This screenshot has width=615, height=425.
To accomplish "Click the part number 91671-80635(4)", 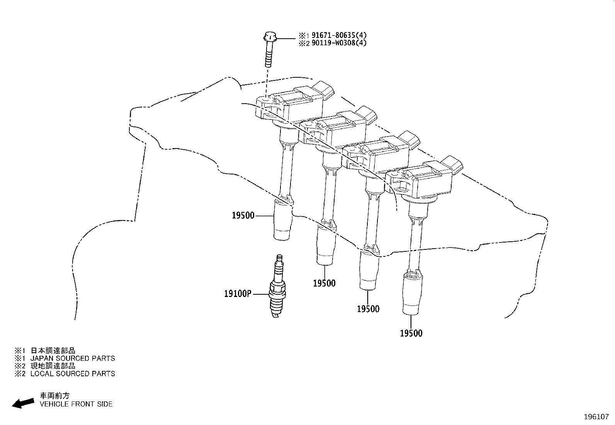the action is pyautogui.click(x=339, y=35).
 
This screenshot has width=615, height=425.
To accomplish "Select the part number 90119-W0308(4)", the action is pyautogui.click(x=339, y=43).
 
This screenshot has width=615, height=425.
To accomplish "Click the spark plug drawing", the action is pyautogui.click(x=278, y=286).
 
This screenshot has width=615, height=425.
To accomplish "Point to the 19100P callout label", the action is pyautogui.click(x=238, y=294).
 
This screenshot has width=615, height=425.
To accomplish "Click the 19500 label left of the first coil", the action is pyautogui.click(x=243, y=215).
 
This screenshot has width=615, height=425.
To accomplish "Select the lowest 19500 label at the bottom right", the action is pyautogui.click(x=411, y=333).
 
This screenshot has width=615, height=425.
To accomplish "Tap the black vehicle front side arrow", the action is pyautogui.click(x=23, y=403).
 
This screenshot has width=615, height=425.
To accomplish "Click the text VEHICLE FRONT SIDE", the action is pyautogui.click(x=76, y=404).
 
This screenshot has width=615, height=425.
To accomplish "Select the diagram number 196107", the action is pyautogui.click(x=596, y=417).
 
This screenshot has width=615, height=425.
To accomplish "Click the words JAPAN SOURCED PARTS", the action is pyautogui.click(x=73, y=358).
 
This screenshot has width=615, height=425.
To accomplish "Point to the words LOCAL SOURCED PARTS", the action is pyautogui.click(x=73, y=374).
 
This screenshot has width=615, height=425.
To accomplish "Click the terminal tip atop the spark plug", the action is pyautogui.click(x=279, y=258).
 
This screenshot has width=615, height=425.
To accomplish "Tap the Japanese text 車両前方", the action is pyautogui.click(x=55, y=396).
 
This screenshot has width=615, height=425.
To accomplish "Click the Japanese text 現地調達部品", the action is pyautogui.click(x=53, y=366).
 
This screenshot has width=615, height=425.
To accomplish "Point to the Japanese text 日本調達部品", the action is pyautogui.click(x=53, y=350).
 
